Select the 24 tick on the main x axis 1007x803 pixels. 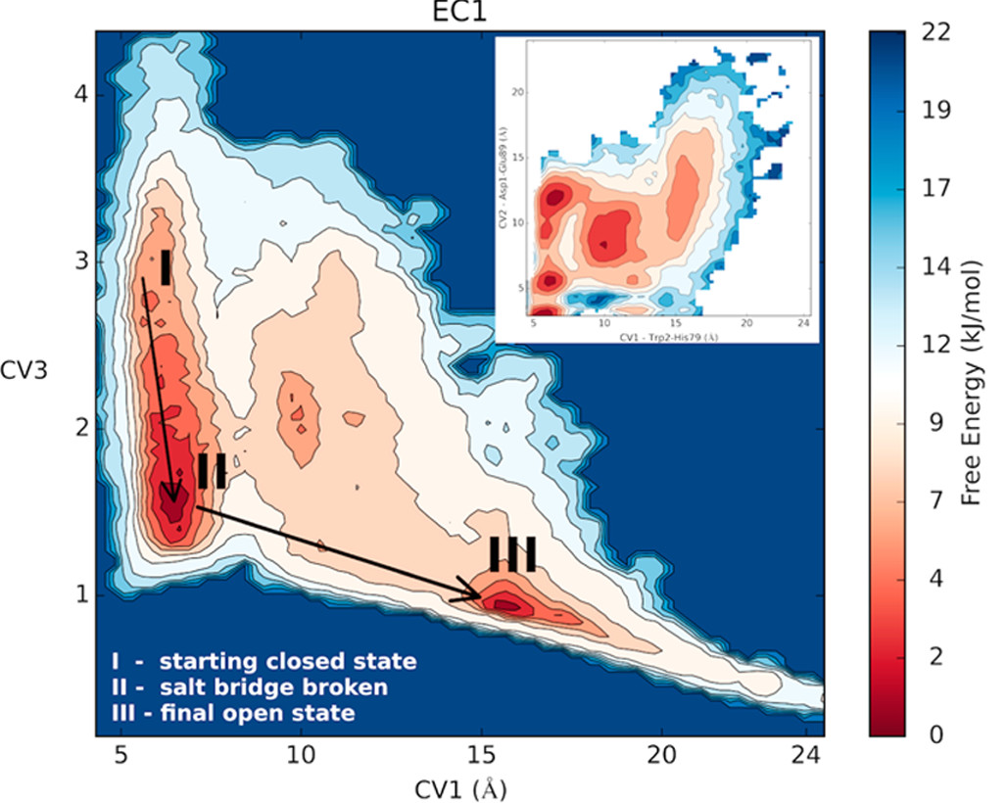tap(799, 755)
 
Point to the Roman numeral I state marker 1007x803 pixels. tap(166, 266)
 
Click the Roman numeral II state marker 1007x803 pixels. tap(212, 471)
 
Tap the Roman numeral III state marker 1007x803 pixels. tap(512, 554)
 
